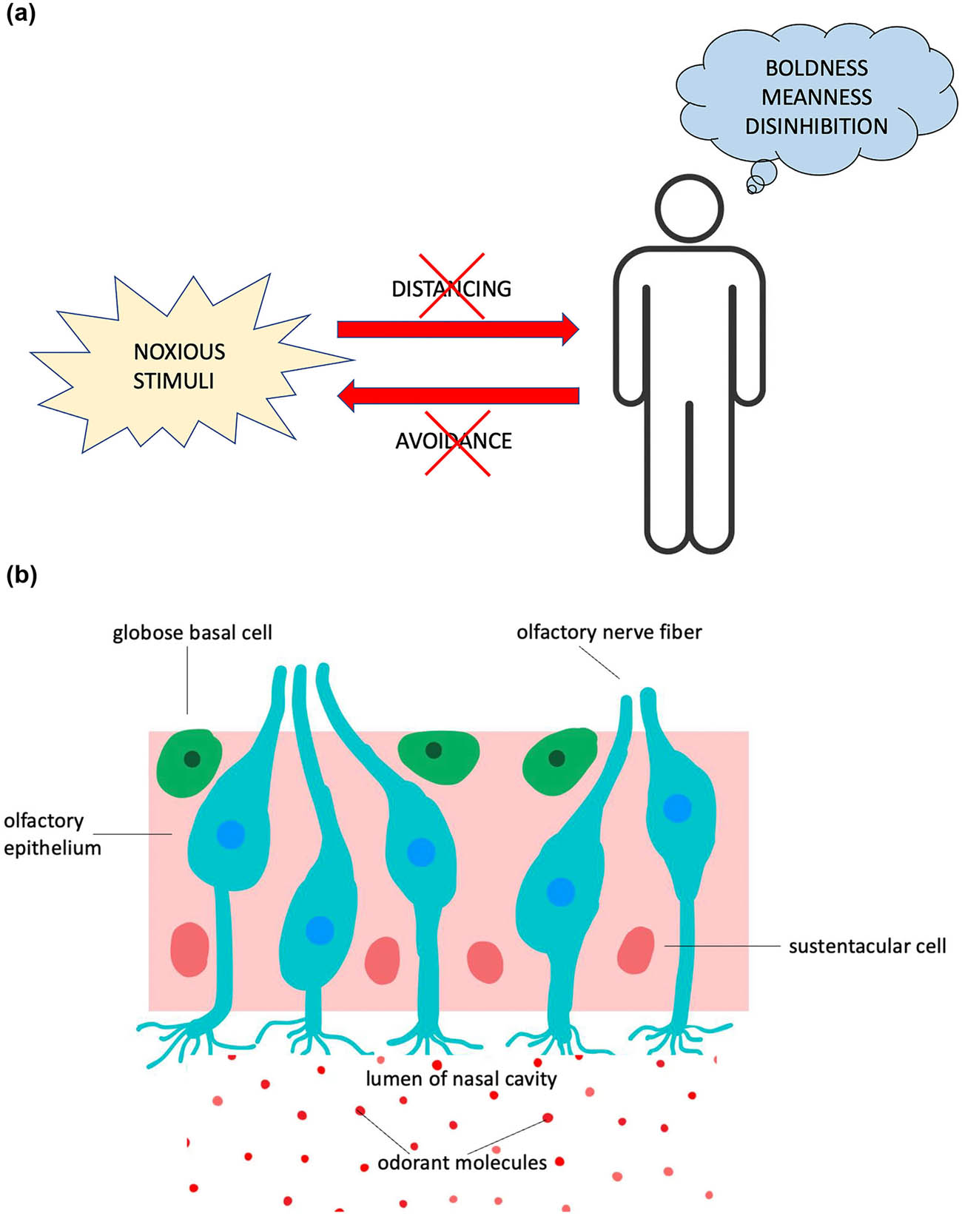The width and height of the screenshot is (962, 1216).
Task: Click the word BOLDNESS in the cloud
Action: tap(816, 68)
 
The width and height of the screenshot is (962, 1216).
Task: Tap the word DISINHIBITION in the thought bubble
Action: tap(816, 127)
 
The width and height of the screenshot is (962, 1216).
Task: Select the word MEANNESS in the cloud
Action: tap(816, 97)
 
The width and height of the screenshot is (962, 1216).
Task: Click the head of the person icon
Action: tap(689, 207)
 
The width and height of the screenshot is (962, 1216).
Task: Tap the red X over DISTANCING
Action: tap(451, 286)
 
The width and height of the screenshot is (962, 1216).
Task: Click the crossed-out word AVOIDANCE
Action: tap(454, 441)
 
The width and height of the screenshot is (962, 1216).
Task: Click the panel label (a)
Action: tap(20, 13)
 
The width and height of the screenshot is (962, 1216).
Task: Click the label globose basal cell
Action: tap(192, 634)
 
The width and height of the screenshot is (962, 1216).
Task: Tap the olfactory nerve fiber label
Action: tap(609, 633)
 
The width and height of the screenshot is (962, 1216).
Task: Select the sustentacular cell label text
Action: tap(867, 947)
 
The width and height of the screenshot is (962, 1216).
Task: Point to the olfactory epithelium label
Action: tap(52, 834)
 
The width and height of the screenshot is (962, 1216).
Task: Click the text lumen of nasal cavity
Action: tap(461, 1079)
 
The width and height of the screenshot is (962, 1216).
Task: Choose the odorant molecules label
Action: tap(462, 1163)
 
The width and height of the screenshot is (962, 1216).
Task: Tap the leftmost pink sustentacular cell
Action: tap(189, 950)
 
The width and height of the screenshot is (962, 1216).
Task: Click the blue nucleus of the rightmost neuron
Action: tap(676, 807)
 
